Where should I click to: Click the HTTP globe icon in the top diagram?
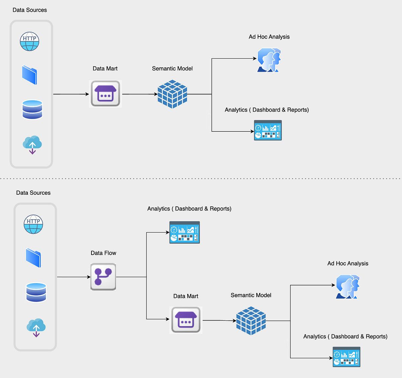[29, 42]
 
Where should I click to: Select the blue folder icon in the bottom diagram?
[33, 258]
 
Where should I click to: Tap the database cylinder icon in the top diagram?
[32, 110]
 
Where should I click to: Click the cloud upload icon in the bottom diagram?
[36, 327]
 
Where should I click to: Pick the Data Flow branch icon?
[103, 277]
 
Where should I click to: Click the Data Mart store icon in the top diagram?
[106, 94]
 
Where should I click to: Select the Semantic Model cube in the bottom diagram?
[251, 321]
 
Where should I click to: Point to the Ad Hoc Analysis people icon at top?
[269, 60]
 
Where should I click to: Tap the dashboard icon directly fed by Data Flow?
[185, 232]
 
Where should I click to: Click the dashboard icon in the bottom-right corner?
[346, 357]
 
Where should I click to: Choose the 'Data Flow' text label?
[103, 253]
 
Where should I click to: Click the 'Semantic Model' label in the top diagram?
[172, 69]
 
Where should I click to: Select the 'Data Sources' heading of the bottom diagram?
[33, 193]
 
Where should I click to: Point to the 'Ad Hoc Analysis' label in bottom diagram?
[348, 263]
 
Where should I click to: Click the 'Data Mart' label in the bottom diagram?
[186, 296]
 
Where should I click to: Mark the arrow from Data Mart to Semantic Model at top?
[140, 94]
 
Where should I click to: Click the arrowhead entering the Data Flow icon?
[88, 277]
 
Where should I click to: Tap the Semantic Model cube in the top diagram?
[172, 94]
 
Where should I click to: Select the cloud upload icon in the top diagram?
[32, 144]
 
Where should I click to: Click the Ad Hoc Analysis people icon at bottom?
[348, 287]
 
